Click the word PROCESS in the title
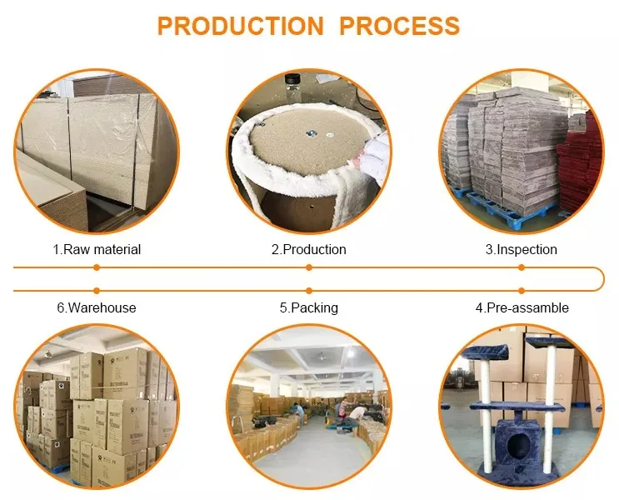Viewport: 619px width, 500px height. tap(399, 26)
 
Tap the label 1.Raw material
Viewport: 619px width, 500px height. tap(97, 249)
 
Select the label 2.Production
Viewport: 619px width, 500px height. tap(308, 249)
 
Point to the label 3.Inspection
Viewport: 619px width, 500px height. tap(522, 249)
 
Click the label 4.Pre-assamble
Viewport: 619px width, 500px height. tap(522, 307)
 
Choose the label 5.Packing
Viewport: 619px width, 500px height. tap(308, 307)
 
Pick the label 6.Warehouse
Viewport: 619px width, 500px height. tap(97, 307)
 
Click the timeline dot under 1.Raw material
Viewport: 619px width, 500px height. tap(97, 267)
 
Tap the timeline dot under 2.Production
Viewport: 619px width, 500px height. tap(309, 267)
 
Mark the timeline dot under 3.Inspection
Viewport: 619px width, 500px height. tap(522, 267)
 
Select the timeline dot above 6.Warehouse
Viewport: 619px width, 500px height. tap(97, 290)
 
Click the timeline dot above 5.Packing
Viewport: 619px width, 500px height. tap(309, 290)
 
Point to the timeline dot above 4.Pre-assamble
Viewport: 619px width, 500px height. tap(522, 290)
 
